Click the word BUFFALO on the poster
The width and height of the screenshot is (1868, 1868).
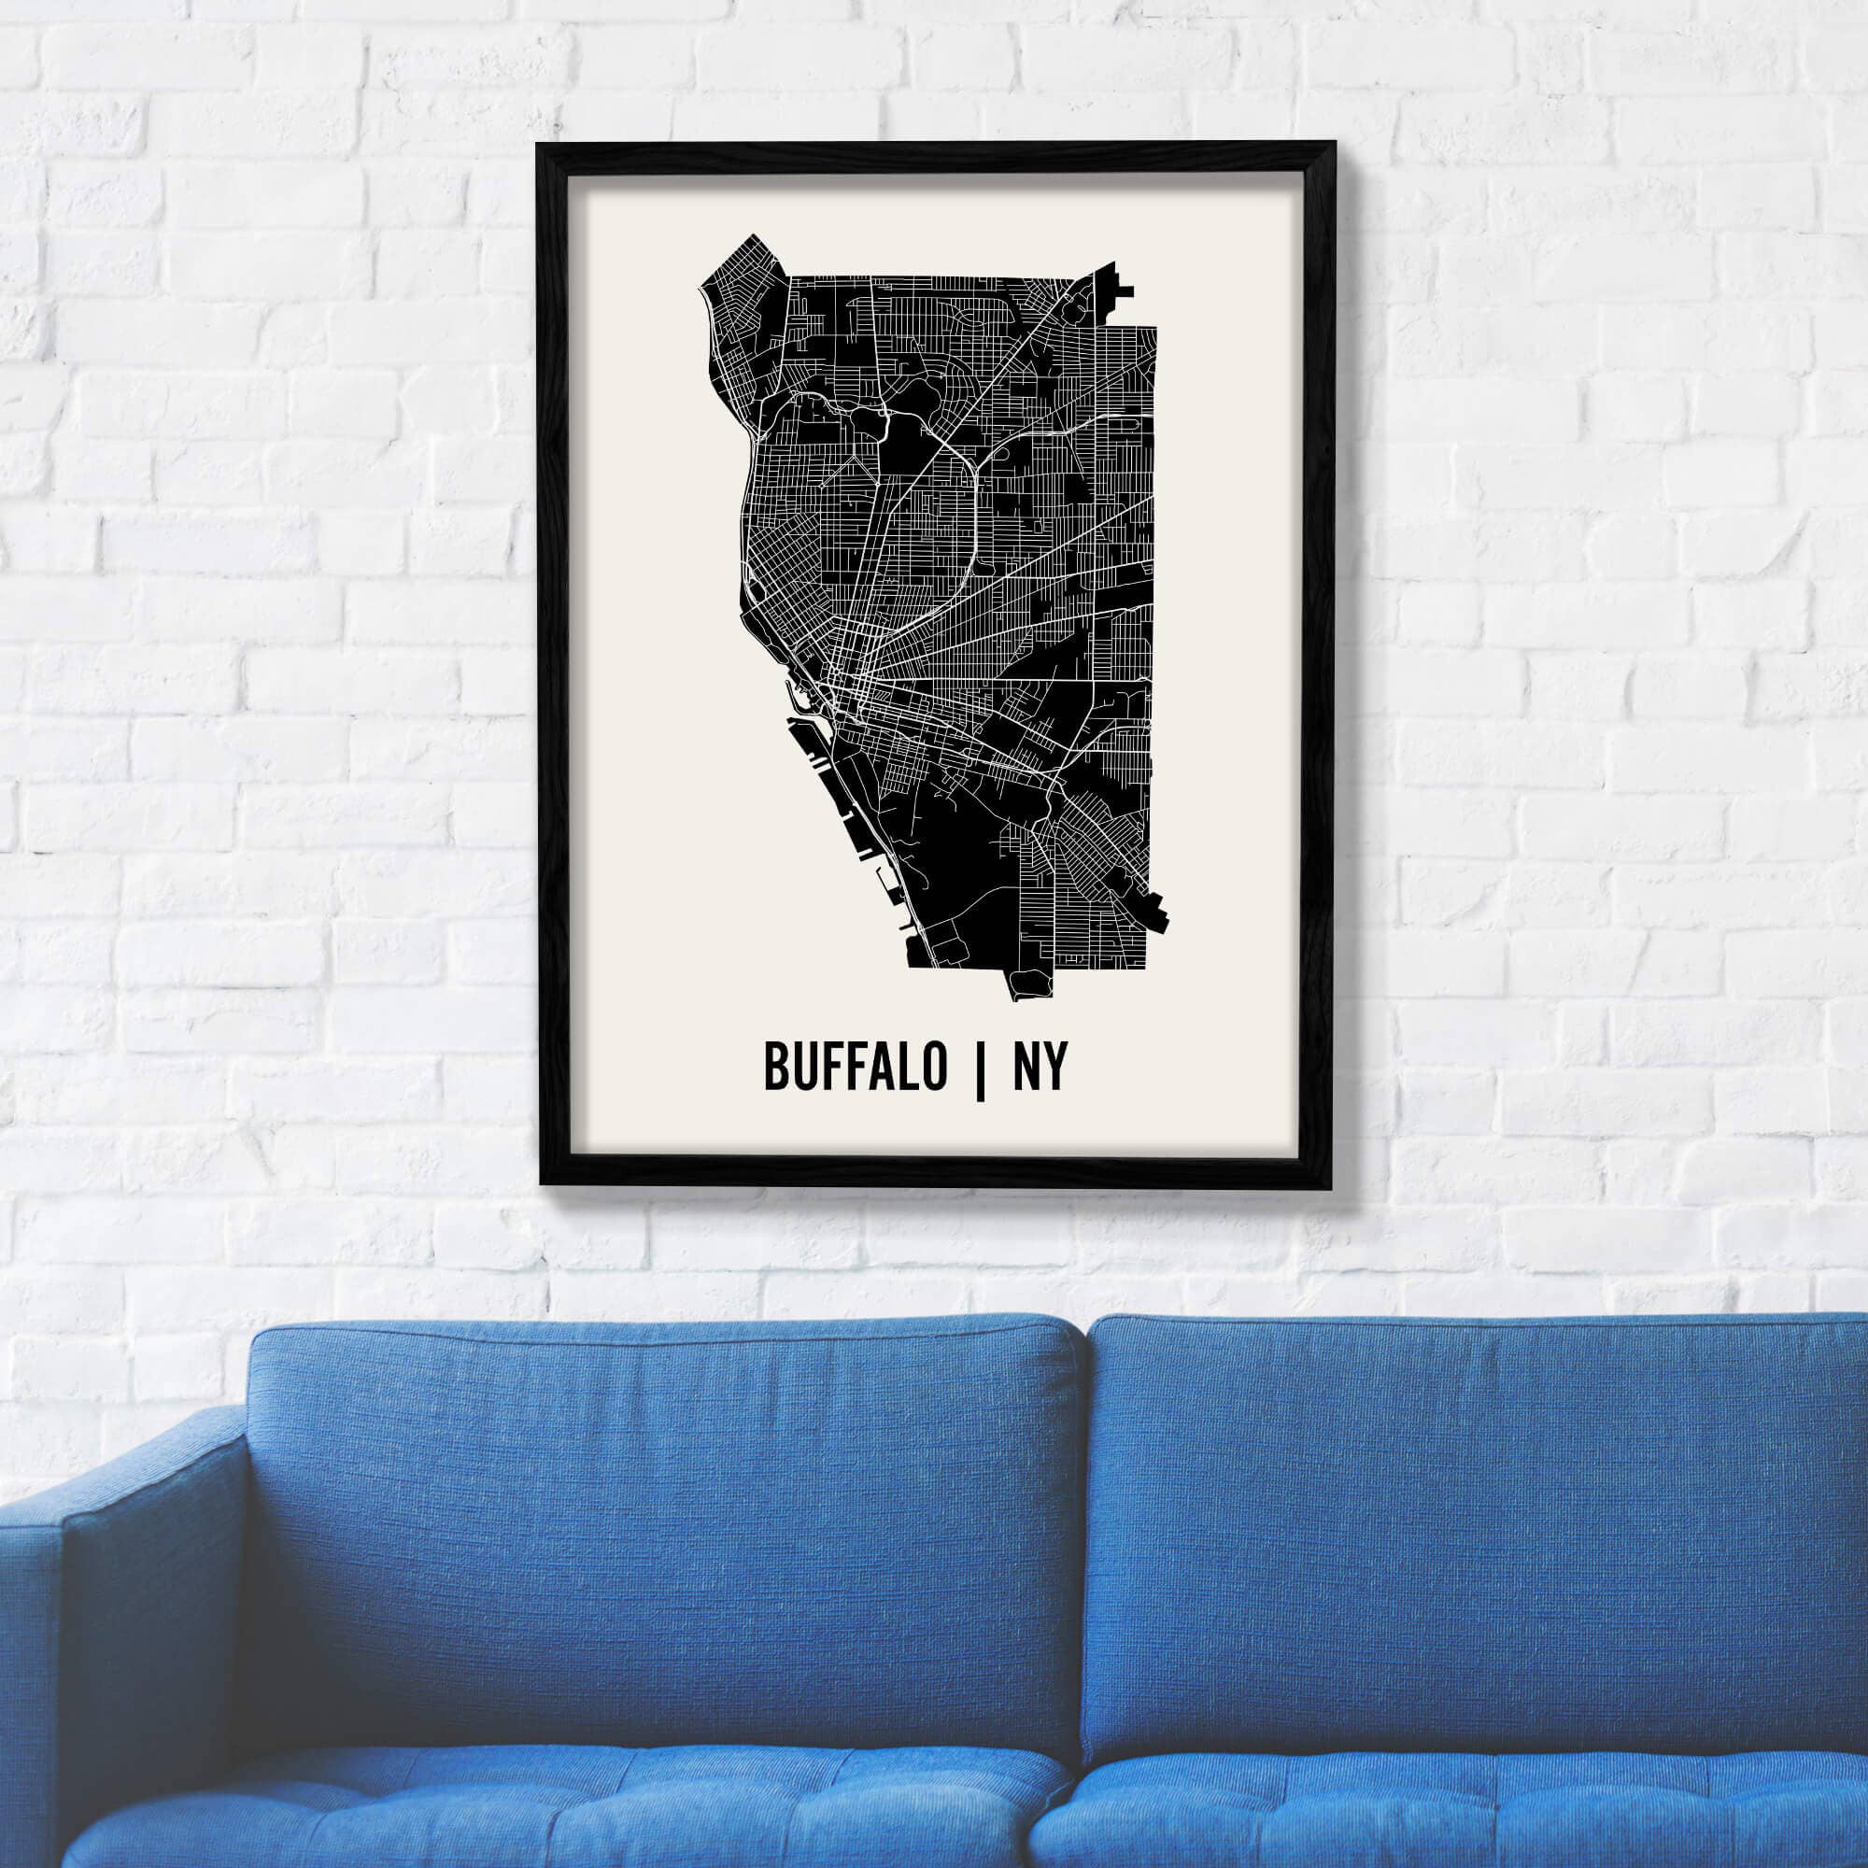[856, 1067]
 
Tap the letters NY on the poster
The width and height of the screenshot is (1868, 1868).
[1039, 1067]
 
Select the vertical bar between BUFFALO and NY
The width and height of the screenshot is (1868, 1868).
[981, 1069]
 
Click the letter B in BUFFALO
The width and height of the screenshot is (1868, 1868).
[776, 1067]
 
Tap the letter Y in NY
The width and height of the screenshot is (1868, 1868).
[1054, 1067]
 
